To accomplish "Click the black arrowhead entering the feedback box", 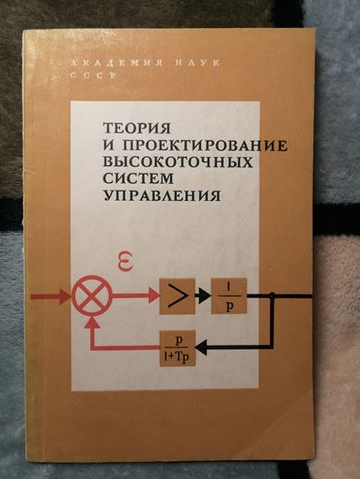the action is coord(204,348).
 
